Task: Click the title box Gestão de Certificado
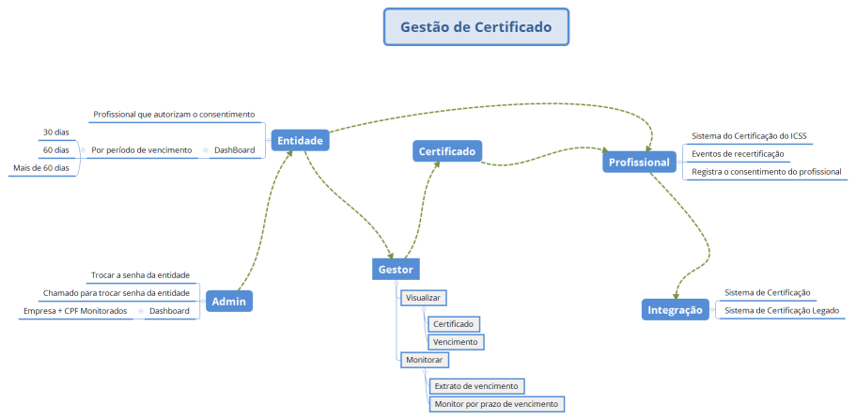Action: coord(475,27)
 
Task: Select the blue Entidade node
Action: coord(300,141)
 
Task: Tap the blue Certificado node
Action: coord(446,150)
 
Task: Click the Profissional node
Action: coord(639,162)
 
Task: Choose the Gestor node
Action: coord(396,270)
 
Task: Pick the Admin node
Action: coord(229,301)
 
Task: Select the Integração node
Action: coord(676,309)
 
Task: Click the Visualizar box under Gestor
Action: coord(422,298)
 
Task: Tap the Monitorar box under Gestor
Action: coord(424,360)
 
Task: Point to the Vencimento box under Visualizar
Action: coord(456,342)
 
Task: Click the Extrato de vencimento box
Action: coord(475,385)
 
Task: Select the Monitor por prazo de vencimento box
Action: coord(495,404)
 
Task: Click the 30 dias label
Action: coord(56,132)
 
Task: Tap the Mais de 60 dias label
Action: coord(41,168)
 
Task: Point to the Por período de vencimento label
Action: coord(141,150)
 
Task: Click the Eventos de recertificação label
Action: coord(738,153)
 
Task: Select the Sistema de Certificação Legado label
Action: coord(782,310)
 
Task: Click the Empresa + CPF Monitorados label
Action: coord(75,311)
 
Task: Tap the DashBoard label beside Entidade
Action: coord(233,150)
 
